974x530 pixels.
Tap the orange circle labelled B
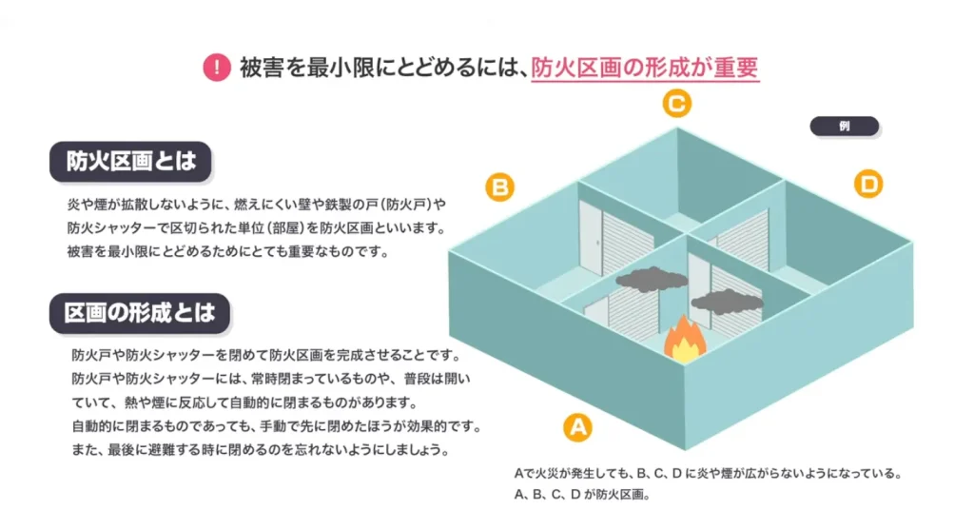(500, 186)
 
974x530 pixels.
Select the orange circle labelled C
(676, 103)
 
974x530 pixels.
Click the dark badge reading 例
(844, 126)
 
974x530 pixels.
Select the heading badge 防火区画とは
(130, 161)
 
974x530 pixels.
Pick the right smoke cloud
(727, 303)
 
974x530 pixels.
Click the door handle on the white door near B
(597, 244)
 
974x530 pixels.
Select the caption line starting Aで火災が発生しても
(707, 473)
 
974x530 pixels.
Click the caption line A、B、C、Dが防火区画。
(580, 495)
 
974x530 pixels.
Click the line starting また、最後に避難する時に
(260, 448)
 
